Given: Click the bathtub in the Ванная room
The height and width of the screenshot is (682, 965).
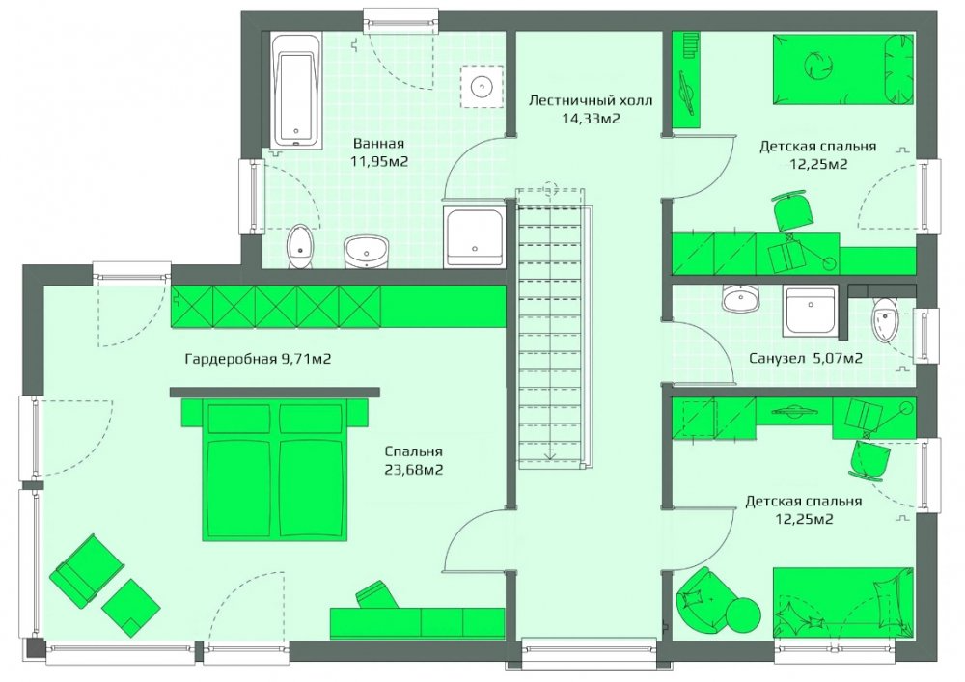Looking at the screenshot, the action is (x=296, y=91).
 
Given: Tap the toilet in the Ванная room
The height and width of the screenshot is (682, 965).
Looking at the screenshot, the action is (x=300, y=247).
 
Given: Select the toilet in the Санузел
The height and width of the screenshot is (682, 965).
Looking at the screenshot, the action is (x=885, y=320).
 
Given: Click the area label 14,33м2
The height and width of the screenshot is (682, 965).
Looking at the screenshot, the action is (x=591, y=118).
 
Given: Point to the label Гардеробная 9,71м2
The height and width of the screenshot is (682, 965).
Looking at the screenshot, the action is (x=258, y=359).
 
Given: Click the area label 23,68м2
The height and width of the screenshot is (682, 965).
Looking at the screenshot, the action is (x=414, y=470).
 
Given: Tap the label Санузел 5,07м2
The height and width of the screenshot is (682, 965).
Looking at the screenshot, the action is (x=806, y=358).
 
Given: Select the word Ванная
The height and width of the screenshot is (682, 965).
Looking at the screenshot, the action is (x=378, y=144).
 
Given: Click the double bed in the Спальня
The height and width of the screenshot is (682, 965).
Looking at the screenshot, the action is (x=274, y=470).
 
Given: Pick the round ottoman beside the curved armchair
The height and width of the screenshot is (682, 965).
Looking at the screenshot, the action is (x=743, y=614).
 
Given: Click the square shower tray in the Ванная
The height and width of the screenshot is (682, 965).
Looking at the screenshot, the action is (x=475, y=236).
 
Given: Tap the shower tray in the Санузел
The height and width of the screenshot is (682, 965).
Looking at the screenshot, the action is (x=811, y=312).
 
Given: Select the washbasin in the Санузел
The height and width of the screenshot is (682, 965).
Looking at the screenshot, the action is (x=741, y=299).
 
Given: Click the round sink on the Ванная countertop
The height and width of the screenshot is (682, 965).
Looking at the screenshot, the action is (x=482, y=86).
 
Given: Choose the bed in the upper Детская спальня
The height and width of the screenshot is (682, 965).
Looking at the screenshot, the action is (x=843, y=68).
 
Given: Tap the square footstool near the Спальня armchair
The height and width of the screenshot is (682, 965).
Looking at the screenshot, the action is (x=131, y=608).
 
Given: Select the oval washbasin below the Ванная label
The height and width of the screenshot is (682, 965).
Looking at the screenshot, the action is (x=367, y=251).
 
